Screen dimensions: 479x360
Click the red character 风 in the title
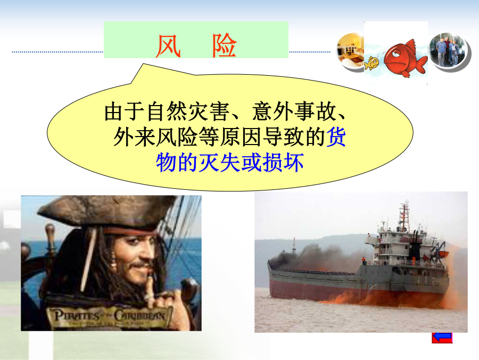pos(168,46)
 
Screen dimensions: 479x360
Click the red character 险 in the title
pos(225,46)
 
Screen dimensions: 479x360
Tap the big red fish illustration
pos(405,58)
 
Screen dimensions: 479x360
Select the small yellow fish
pos(371,63)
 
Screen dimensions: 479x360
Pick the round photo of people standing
pos(449,51)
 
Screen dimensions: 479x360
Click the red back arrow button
pos(442,338)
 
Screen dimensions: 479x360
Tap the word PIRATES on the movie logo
pos(76,315)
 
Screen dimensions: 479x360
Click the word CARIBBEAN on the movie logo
pos(140,315)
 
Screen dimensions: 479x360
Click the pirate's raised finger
pos(150,290)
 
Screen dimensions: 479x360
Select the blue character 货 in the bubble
pos(336,137)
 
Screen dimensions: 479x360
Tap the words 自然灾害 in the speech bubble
pos(188,112)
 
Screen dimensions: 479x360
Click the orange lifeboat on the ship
pos(443,254)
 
